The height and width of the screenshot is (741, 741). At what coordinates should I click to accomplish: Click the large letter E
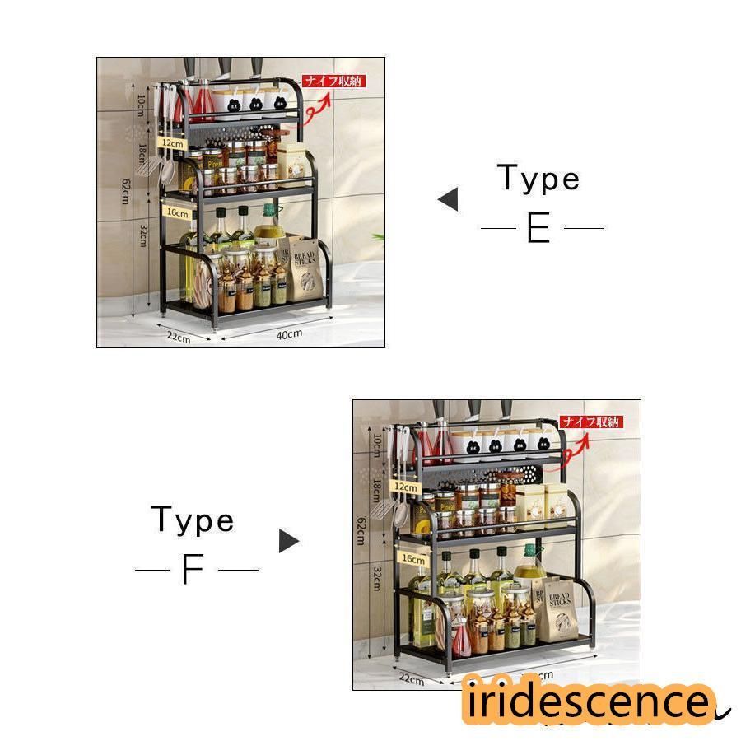click(538, 228)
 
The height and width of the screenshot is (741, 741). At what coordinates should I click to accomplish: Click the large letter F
click(192, 569)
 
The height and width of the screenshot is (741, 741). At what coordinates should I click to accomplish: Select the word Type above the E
click(538, 179)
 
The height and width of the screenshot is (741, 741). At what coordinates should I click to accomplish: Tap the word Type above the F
click(193, 520)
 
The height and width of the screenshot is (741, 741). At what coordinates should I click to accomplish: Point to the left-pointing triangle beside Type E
click(449, 199)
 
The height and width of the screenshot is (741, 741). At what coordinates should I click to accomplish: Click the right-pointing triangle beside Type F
click(288, 541)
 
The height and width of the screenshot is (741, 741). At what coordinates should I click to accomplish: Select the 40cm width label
click(289, 333)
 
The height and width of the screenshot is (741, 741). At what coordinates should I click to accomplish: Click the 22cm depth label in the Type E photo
click(179, 337)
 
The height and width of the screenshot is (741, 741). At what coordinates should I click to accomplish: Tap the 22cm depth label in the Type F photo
click(411, 680)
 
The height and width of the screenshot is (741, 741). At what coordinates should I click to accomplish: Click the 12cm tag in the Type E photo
click(172, 143)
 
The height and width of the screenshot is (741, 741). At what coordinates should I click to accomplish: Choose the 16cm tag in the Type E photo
click(177, 212)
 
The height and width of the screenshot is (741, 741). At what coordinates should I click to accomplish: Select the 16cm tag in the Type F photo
click(413, 558)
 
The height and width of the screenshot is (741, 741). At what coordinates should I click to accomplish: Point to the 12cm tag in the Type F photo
click(407, 487)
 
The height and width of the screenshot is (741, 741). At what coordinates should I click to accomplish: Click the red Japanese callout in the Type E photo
click(333, 82)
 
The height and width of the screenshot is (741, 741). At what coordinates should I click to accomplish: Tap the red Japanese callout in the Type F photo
click(591, 422)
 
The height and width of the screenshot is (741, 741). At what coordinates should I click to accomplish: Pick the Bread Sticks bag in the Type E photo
click(305, 269)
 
